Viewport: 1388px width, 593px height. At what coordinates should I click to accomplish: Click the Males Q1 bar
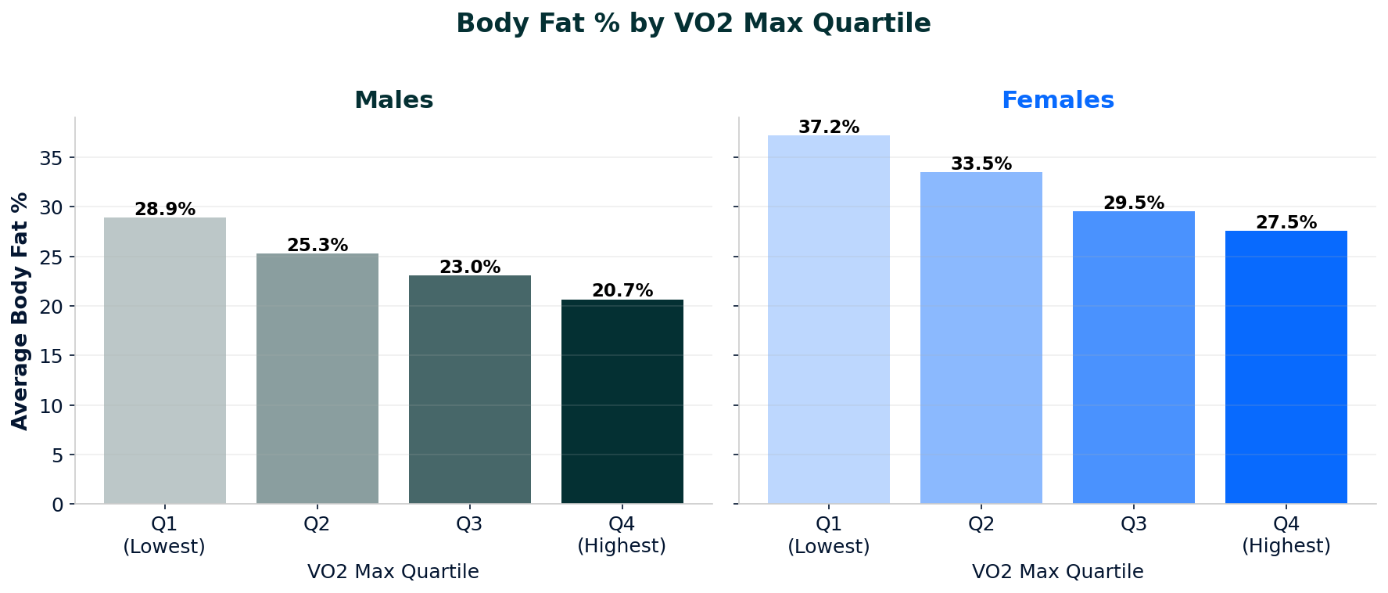165,361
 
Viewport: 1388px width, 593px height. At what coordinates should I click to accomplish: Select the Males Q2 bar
317,379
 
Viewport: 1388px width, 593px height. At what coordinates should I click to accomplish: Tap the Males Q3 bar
470,390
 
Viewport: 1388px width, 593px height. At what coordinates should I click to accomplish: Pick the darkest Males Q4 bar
622,401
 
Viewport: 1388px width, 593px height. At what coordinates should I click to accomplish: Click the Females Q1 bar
829,319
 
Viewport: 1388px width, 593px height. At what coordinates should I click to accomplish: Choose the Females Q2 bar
981,338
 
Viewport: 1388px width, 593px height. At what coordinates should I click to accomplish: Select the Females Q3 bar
1134,358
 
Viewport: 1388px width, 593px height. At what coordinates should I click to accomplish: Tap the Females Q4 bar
1286,368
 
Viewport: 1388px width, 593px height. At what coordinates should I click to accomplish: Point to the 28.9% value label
165,210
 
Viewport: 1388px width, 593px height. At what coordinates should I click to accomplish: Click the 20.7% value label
622,291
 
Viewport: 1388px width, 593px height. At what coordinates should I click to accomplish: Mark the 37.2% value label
829,128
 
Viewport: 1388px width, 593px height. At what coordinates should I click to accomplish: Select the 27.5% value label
1286,223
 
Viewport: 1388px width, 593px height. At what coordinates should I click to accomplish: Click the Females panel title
1057,100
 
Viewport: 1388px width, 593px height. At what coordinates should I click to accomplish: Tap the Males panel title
393,100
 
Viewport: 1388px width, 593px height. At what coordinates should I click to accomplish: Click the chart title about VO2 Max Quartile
694,23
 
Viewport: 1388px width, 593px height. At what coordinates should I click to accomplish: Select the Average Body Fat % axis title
20,311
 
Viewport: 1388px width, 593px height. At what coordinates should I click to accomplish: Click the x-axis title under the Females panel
1057,572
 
